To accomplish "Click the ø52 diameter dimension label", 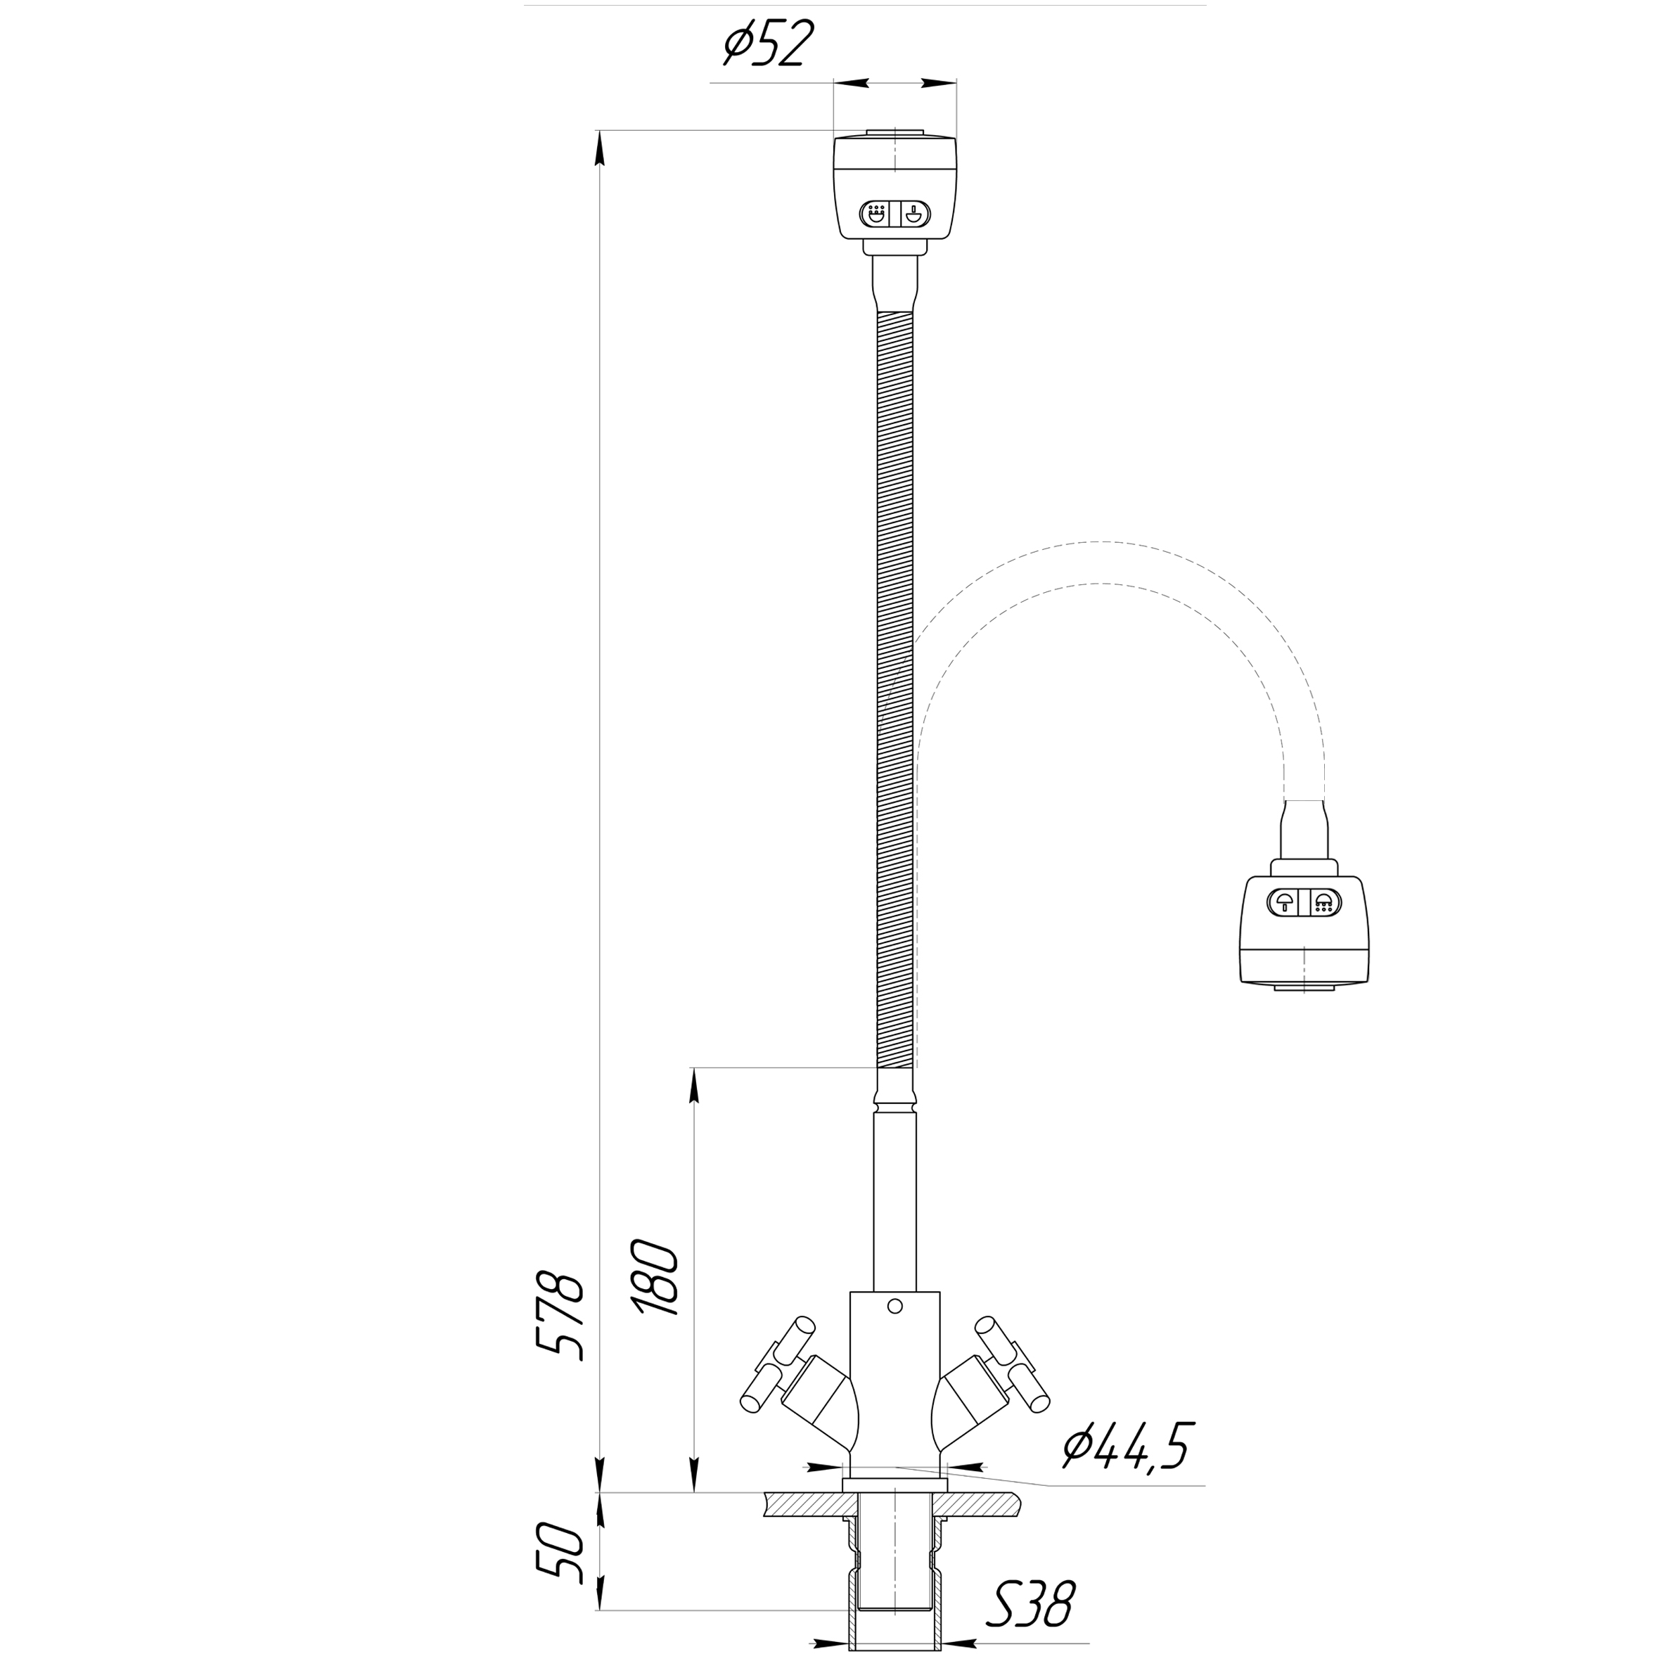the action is click(767, 45).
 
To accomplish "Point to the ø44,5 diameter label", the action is click(1128, 1447).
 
